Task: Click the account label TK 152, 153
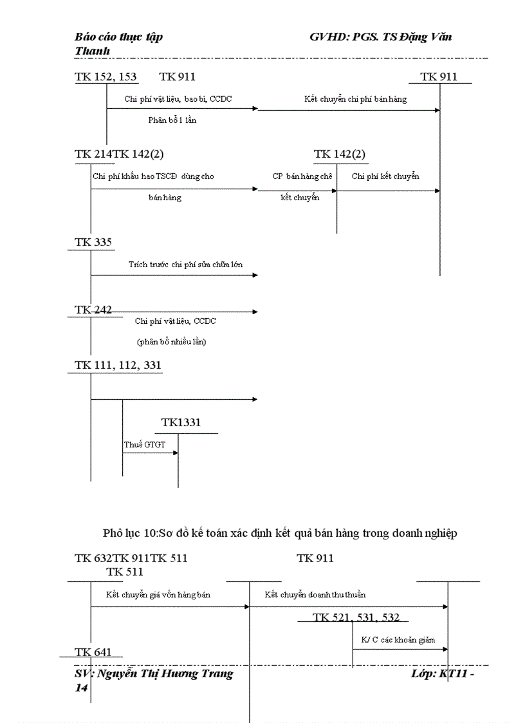[106, 77]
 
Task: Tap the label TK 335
[93, 242]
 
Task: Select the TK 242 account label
[93, 310]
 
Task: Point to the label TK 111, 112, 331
[118, 365]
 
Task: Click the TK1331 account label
[181, 422]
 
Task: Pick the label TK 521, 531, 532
[356, 617]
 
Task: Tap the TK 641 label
[93, 652]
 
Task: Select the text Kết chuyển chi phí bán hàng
[355, 99]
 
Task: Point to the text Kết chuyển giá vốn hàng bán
[158, 594]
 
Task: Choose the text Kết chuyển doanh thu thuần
[315, 594]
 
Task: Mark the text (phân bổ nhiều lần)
[172, 342]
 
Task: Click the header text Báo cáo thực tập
[119, 37]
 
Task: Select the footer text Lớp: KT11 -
[443, 674]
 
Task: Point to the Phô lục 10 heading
[280, 532]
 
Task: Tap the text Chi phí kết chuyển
[385, 176]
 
